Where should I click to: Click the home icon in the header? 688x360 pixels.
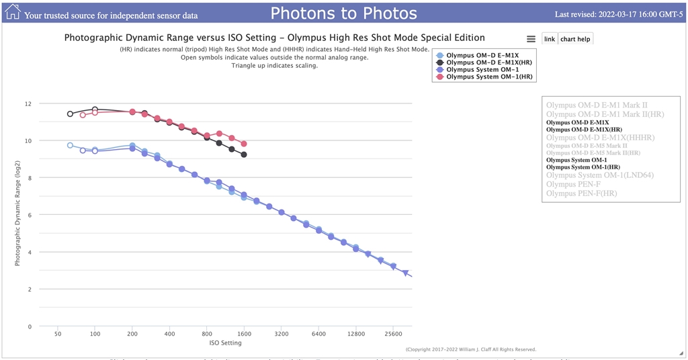tap(13, 12)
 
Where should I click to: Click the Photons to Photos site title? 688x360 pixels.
tap(343, 13)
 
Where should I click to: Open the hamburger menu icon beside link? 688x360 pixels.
tap(531, 39)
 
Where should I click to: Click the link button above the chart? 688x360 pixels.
tap(550, 39)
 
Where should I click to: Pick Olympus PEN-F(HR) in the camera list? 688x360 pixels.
tap(582, 193)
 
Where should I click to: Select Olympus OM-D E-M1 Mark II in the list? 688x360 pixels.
tap(597, 105)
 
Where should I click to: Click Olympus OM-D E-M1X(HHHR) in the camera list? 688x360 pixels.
tap(609, 138)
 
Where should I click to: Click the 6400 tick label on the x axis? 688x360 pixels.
tap(318, 334)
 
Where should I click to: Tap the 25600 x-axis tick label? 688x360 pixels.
tap(393, 334)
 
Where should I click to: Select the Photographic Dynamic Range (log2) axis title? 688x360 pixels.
tap(19, 215)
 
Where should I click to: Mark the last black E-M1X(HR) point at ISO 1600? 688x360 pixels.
tap(244, 154)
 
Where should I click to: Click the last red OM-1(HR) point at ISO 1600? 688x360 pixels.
tap(244, 144)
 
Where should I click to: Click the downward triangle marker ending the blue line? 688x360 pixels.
tap(405, 273)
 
